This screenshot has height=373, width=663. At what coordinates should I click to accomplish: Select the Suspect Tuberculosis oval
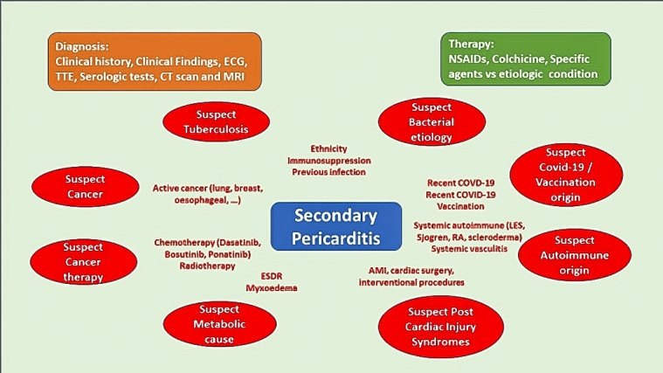tap(210, 123)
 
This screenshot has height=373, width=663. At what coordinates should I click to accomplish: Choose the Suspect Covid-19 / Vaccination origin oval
tap(568, 172)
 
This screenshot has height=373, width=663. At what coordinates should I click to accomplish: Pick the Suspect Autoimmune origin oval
tap(572, 255)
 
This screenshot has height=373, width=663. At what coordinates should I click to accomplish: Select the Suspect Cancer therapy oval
tap(83, 262)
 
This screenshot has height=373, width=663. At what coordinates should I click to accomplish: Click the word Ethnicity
tap(328, 149)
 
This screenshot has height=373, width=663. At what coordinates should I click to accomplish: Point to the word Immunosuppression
tap(328, 161)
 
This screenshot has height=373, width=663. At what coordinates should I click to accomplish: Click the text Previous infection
tap(328, 172)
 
